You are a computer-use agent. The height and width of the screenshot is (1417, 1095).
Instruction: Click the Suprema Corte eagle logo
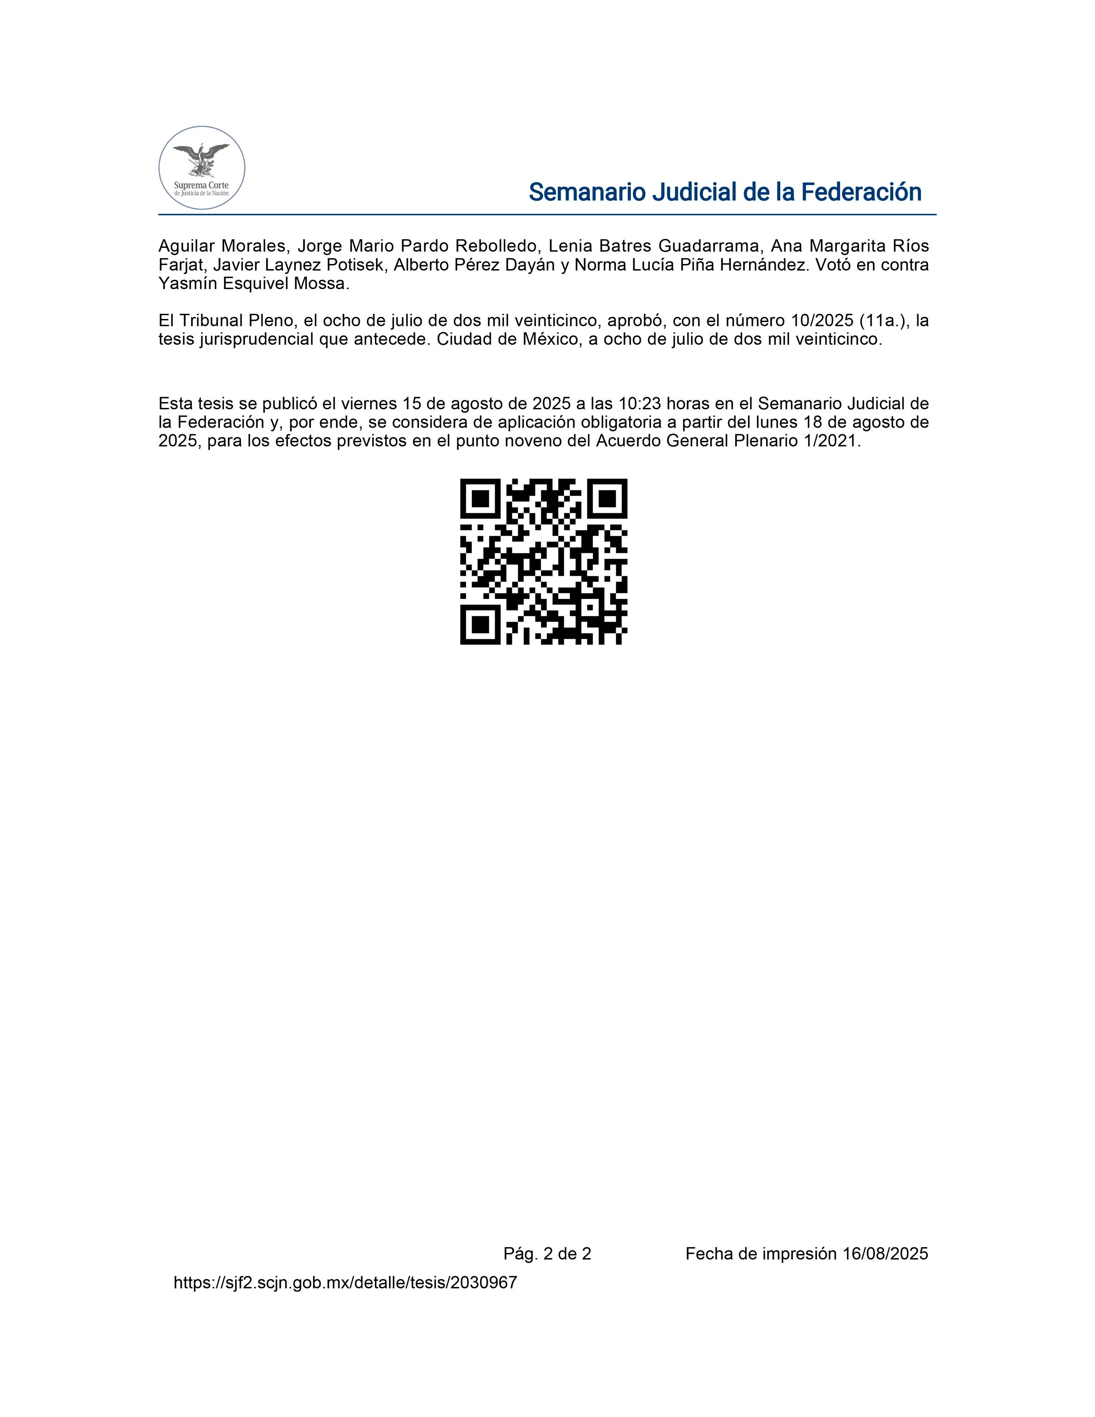[x=202, y=167]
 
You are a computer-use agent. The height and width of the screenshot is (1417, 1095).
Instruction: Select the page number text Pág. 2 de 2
[x=547, y=1253]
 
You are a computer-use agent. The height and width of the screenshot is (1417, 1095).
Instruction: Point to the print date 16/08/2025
[x=885, y=1253]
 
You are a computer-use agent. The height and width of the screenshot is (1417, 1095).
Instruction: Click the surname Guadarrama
[x=710, y=246]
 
